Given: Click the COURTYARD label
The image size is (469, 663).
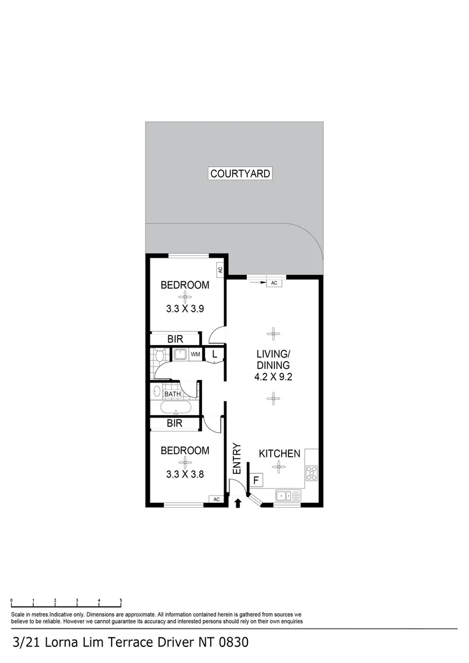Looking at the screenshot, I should pyautogui.click(x=240, y=174).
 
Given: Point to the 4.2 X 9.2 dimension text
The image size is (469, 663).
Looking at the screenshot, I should pyautogui.click(x=273, y=377).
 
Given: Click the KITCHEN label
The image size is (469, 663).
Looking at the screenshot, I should pyautogui.click(x=279, y=454).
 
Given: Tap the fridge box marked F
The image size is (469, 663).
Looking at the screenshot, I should pyautogui.click(x=255, y=478).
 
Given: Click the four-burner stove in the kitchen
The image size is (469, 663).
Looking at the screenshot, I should pyautogui.click(x=311, y=473).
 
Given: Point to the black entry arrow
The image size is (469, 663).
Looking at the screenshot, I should pyautogui.click(x=238, y=504).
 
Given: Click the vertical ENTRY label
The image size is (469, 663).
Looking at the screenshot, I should pyautogui.click(x=236, y=459).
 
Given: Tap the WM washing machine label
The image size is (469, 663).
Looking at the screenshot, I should pyautogui.click(x=195, y=355).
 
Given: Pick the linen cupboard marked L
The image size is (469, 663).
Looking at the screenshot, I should pyautogui.click(x=214, y=354).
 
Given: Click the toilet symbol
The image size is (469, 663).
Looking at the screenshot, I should pyautogui.click(x=158, y=355).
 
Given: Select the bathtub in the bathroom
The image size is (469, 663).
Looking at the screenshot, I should pyautogui.click(x=176, y=408).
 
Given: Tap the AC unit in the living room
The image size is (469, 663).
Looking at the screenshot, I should pyautogui.click(x=274, y=283).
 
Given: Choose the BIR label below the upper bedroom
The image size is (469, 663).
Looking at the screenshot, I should pyautogui.click(x=175, y=338).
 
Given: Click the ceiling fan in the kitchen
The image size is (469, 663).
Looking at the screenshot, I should pyautogui.click(x=280, y=468).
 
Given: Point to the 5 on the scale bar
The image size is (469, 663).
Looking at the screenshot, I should pyautogui.click(x=121, y=600).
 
